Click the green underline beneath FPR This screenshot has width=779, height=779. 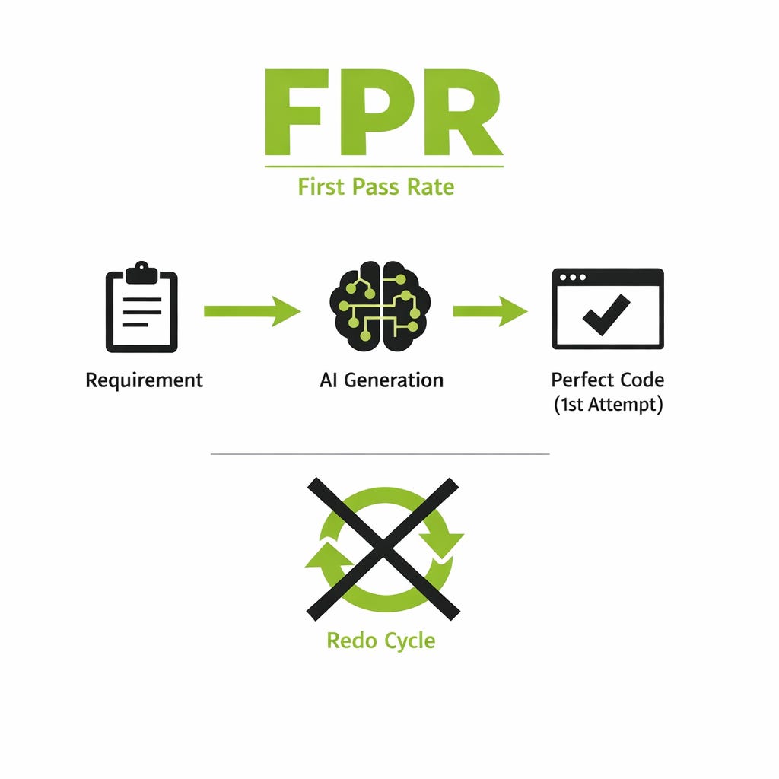[384, 166]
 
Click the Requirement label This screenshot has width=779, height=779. [144, 380]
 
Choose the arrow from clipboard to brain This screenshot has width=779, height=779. [251, 311]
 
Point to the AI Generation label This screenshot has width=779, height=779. [381, 380]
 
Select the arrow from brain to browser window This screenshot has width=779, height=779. [489, 311]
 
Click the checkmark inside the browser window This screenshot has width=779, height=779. [606, 314]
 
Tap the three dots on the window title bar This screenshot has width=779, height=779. [571, 278]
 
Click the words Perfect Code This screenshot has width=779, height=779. [607, 380]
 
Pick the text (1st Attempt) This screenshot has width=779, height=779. [607, 405]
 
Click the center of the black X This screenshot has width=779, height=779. [383, 548]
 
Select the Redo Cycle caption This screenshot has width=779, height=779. [381, 640]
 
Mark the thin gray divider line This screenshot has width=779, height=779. [380, 454]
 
